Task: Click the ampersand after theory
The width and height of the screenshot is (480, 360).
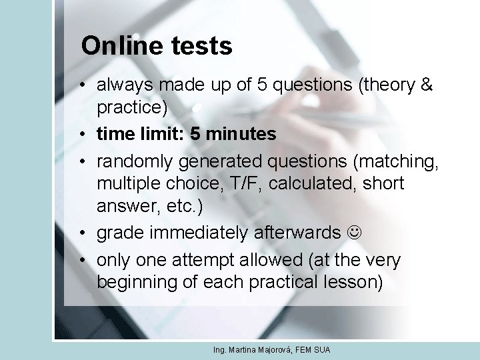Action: click(x=428, y=85)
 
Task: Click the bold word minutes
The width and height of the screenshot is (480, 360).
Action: click(x=241, y=134)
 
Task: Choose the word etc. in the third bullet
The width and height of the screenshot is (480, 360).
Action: click(x=173, y=207)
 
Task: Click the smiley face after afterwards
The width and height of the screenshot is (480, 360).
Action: click(x=354, y=233)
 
